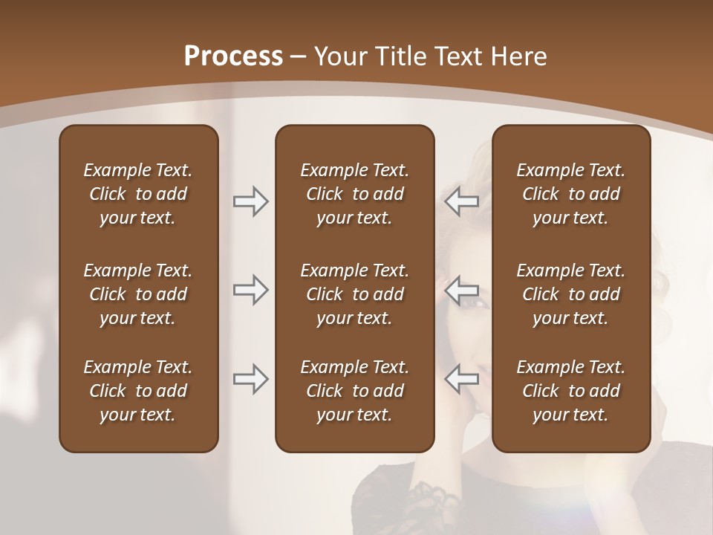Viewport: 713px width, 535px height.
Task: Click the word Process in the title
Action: (x=233, y=56)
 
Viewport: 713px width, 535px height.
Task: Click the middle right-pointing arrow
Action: (x=250, y=290)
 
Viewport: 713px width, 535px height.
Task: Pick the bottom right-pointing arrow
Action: (x=250, y=379)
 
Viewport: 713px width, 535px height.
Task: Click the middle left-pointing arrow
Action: (x=462, y=290)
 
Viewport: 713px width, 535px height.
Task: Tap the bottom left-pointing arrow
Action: (x=462, y=379)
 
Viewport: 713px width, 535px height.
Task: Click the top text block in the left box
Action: (x=138, y=194)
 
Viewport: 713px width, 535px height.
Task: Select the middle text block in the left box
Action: (x=138, y=294)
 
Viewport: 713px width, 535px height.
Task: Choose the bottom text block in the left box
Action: (x=138, y=391)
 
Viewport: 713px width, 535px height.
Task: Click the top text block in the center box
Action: (x=354, y=194)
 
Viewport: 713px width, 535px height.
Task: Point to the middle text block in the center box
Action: (x=354, y=294)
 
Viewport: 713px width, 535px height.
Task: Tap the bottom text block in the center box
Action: (x=354, y=391)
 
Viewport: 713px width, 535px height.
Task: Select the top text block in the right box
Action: (x=570, y=194)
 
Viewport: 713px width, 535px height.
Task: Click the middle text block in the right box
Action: (x=570, y=294)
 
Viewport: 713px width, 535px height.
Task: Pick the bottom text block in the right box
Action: (x=570, y=391)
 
